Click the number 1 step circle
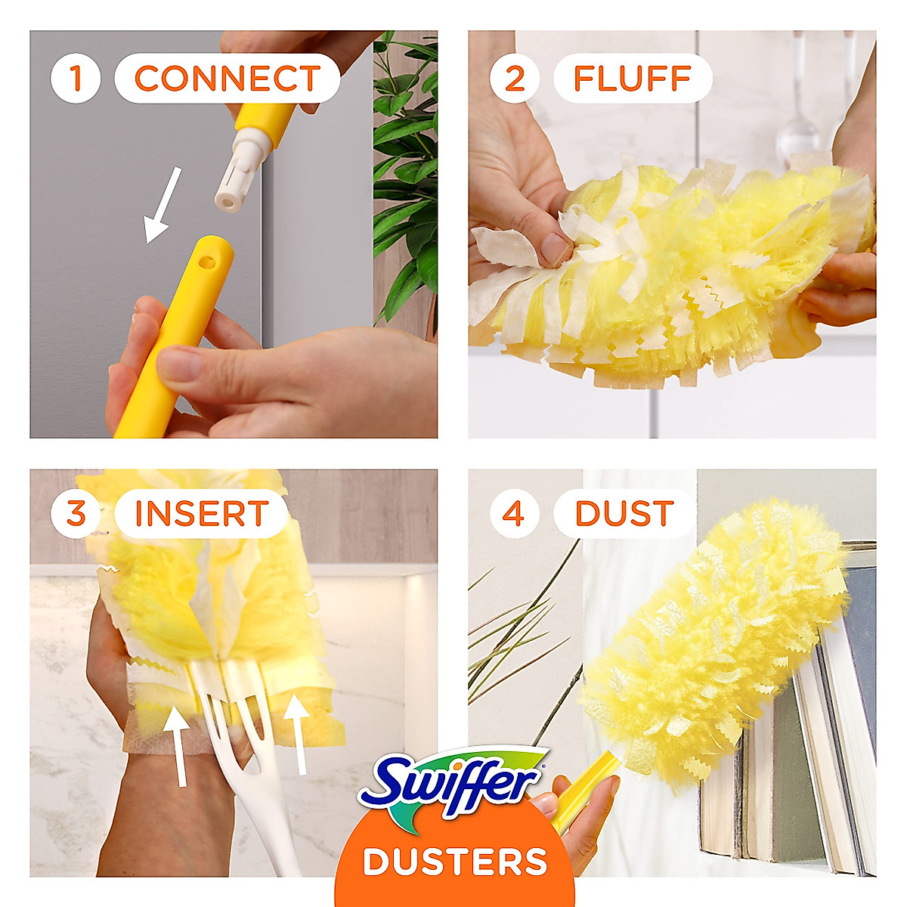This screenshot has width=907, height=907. pyautogui.click(x=75, y=78)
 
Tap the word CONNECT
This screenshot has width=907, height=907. pyautogui.click(x=227, y=79)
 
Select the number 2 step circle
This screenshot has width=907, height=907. pyautogui.click(x=514, y=78)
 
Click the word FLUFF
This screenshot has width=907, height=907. pyautogui.click(x=633, y=79)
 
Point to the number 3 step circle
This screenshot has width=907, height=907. pyautogui.click(x=76, y=513)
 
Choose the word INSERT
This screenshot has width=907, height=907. pyautogui.click(x=201, y=514)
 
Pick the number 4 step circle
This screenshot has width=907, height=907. pyautogui.click(x=513, y=513)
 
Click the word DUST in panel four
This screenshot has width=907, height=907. pyautogui.click(x=624, y=514)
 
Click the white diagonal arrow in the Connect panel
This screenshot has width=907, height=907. pyautogui.click(x=163, y=206)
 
